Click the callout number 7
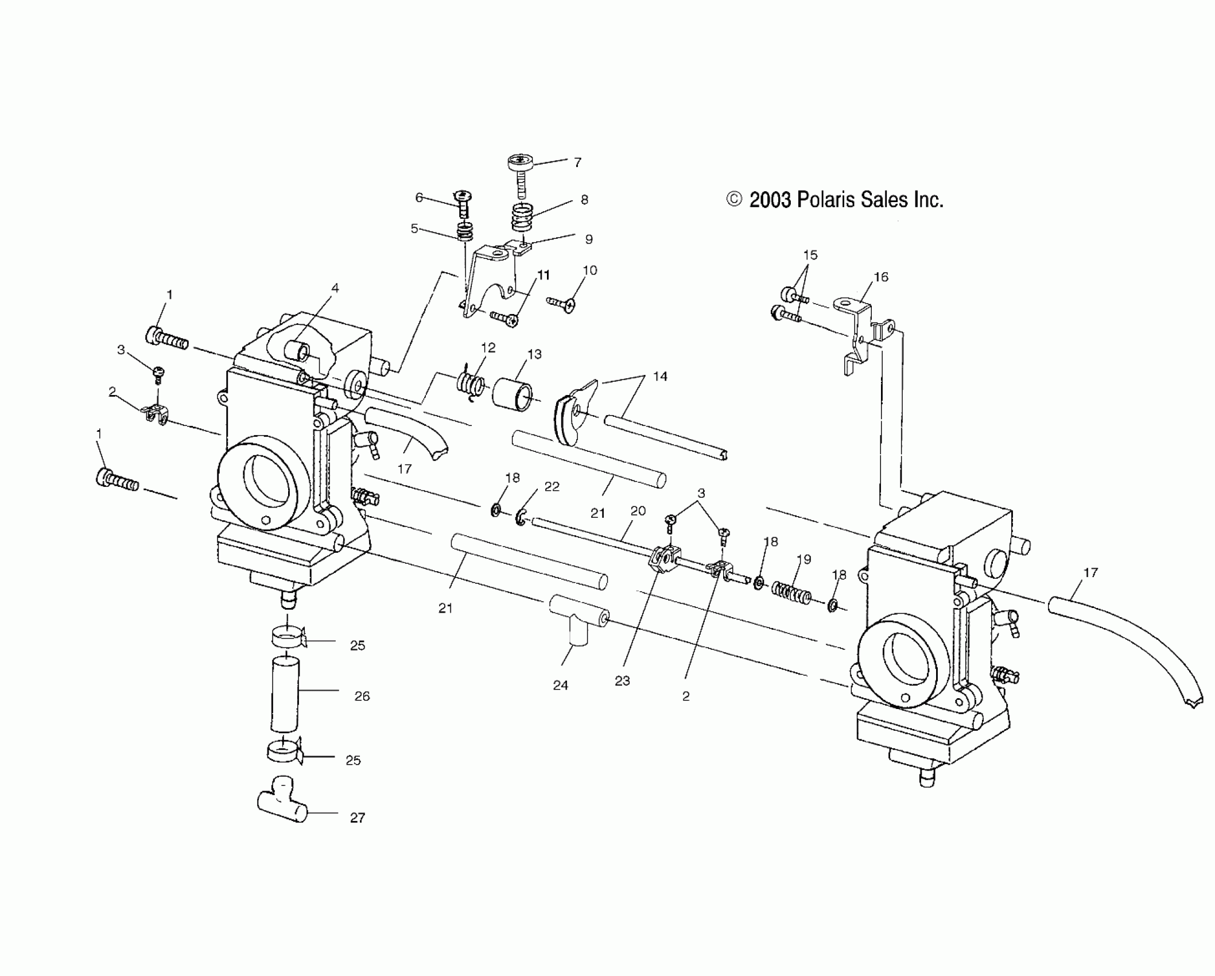tap(577, 162)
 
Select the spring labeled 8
tap(522, 218)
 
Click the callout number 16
tap(880, 277)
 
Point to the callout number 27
tap(357, 818)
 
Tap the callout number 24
tap(560, 685)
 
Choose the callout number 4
tap(335, 288)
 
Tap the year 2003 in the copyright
tap(770, 200)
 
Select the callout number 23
tap(622, 681)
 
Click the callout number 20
tap(638, 511)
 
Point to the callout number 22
tap(552, 486)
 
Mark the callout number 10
tap(589, 270)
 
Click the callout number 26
tap(362, 696)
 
